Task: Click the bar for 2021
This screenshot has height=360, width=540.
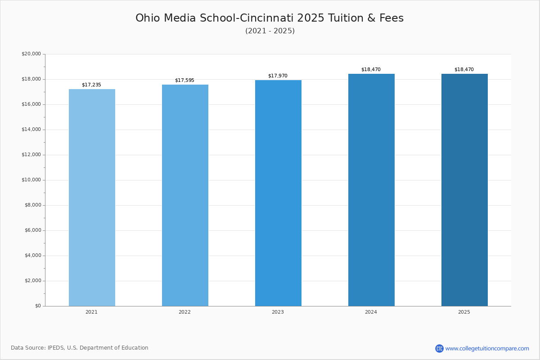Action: (x=92, y=198)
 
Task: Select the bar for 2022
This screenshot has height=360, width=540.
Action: (x=185, y=195)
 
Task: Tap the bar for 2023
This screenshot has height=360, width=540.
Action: (x=278, y=193)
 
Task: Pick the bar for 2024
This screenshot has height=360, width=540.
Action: (x=371, y=190)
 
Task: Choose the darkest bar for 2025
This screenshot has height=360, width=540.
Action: (x=464, y=190)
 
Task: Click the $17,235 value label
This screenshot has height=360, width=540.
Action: (x=91, y=85)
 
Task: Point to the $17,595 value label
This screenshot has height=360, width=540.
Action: (x=184, y=81)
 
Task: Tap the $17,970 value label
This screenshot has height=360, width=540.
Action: (x=278, y=76)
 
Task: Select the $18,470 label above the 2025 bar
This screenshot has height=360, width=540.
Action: (x=464, y=70)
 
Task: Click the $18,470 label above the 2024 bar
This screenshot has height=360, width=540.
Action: (x=371, y=70)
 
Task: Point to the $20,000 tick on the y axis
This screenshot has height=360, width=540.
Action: (x=31, y=54)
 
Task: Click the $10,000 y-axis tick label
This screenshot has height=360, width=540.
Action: (x=31, y=180)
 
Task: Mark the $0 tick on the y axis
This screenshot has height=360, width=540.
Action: (x=37, y=306)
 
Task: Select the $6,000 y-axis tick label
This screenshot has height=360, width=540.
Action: (x=32, y=230)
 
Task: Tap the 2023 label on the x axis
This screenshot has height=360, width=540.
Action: (x=278, y=312)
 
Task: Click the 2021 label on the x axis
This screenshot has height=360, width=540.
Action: (x=91, y=312)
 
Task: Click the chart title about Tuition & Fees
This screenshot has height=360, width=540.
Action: (x=270, y=18)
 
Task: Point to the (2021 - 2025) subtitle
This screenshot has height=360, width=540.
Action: (x=270, y=31)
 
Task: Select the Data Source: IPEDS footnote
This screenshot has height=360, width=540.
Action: (x=80, y=348)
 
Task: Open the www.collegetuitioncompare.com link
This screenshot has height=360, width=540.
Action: (x=487, y=348)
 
